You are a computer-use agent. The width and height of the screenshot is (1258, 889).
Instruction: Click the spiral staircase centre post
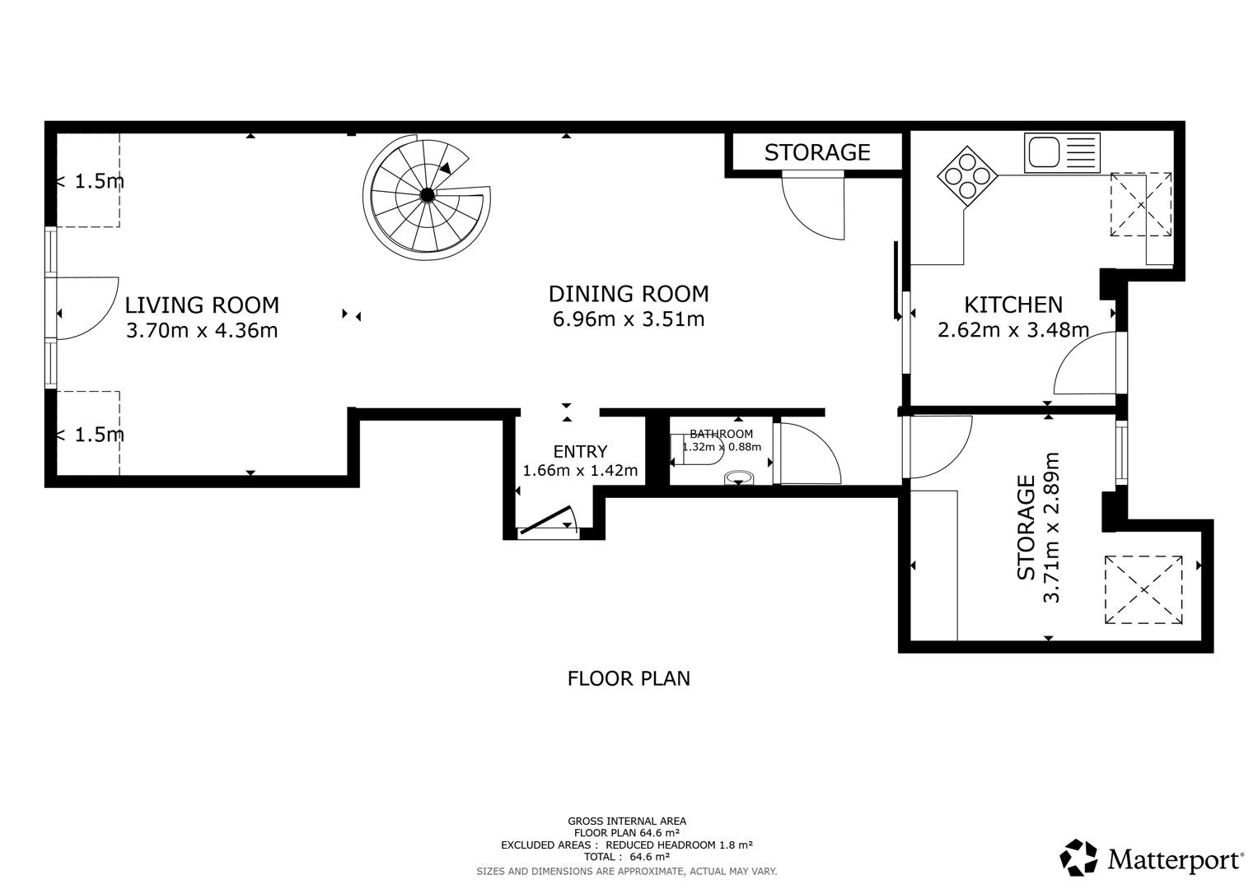click(428, 195)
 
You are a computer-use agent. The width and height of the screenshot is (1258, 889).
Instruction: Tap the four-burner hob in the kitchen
click(967, 176)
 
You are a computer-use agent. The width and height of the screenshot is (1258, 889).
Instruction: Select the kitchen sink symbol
click(1062, 152)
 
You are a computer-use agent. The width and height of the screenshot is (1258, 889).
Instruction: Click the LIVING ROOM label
click(202, 305)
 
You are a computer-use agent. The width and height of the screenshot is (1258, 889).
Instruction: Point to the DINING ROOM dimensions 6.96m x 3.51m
click(629, 319)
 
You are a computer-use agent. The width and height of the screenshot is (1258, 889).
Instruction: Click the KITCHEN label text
click(1013, 305)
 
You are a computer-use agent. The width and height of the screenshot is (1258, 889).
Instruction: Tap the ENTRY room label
click(580, 452)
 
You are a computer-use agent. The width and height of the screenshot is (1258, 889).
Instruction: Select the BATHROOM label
click(721, 434)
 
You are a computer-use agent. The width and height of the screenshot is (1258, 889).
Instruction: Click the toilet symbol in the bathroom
click(739, 478)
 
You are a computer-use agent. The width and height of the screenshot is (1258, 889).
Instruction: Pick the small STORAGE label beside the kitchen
click(817, 152)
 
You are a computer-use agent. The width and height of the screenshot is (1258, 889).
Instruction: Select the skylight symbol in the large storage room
click(1143, 590)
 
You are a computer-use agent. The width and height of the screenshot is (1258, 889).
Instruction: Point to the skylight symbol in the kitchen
click(1141, 204)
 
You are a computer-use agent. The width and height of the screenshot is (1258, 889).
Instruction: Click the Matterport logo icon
click(1078, 857)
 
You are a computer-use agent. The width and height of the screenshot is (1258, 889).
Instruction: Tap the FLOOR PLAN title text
click(629, 679)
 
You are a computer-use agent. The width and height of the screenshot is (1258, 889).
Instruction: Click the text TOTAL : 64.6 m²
click(627, 857)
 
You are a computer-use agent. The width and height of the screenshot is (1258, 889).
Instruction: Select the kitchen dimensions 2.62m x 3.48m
click(1013, 330)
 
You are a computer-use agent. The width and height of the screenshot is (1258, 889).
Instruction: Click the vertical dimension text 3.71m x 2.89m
click(1050, 528)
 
